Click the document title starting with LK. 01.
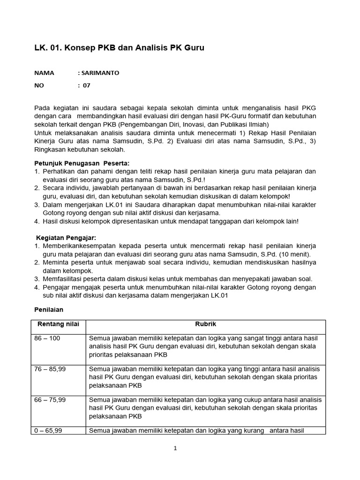(120, 48)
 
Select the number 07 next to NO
(87, 85)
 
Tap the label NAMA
(45, 73)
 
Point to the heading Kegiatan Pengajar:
(66, 238)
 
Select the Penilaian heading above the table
(50, 310)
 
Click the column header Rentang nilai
(58, 324)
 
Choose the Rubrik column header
(205, 324)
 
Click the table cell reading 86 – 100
(47, 338)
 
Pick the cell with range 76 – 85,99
(50, 369)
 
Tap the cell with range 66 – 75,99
(50, 399)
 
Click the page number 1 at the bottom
(175, 448)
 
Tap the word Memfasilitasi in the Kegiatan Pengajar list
(63, 278)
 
